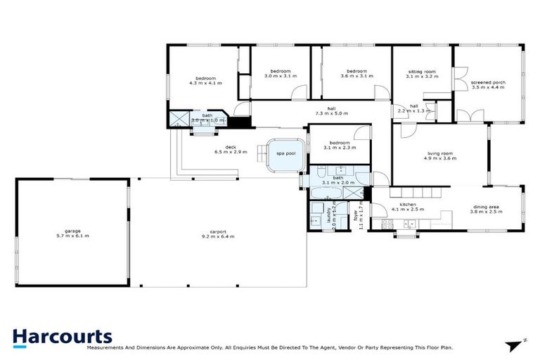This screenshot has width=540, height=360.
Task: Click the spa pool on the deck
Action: [x=285, y=153]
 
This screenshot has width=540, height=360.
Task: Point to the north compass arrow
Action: [x=518, y=344]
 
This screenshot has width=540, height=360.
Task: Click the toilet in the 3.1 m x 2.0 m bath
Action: [x=316, y=173]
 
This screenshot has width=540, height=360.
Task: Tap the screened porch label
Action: [x=488, y=82]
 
